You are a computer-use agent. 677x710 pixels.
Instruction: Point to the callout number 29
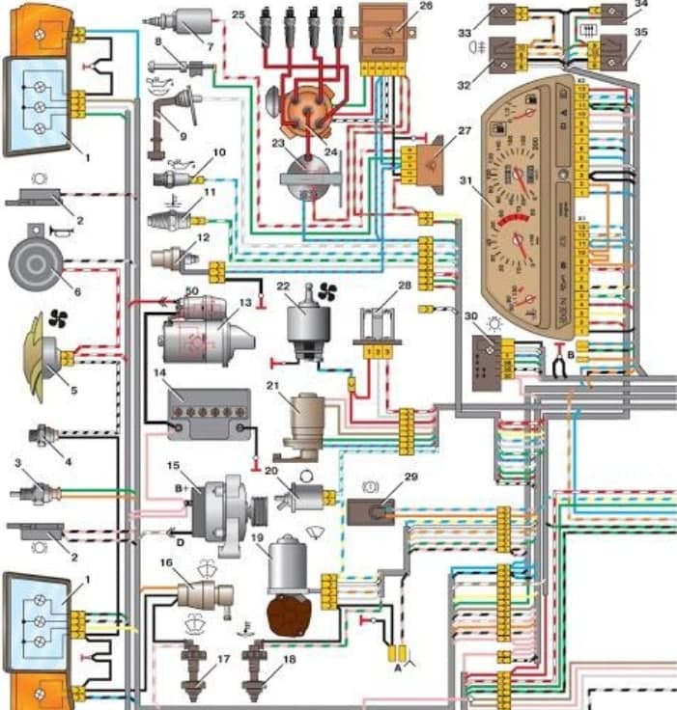point(411,478)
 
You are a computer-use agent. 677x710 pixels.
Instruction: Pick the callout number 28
point(404,286)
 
